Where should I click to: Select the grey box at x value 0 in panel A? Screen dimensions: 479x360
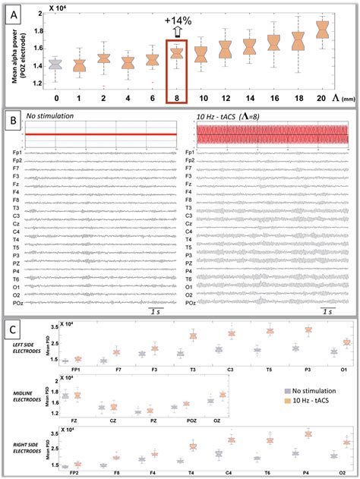click(55, 64)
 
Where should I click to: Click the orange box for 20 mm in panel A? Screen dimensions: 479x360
click(321, 30)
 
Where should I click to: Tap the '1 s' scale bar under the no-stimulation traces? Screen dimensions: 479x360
click(159, 312)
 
